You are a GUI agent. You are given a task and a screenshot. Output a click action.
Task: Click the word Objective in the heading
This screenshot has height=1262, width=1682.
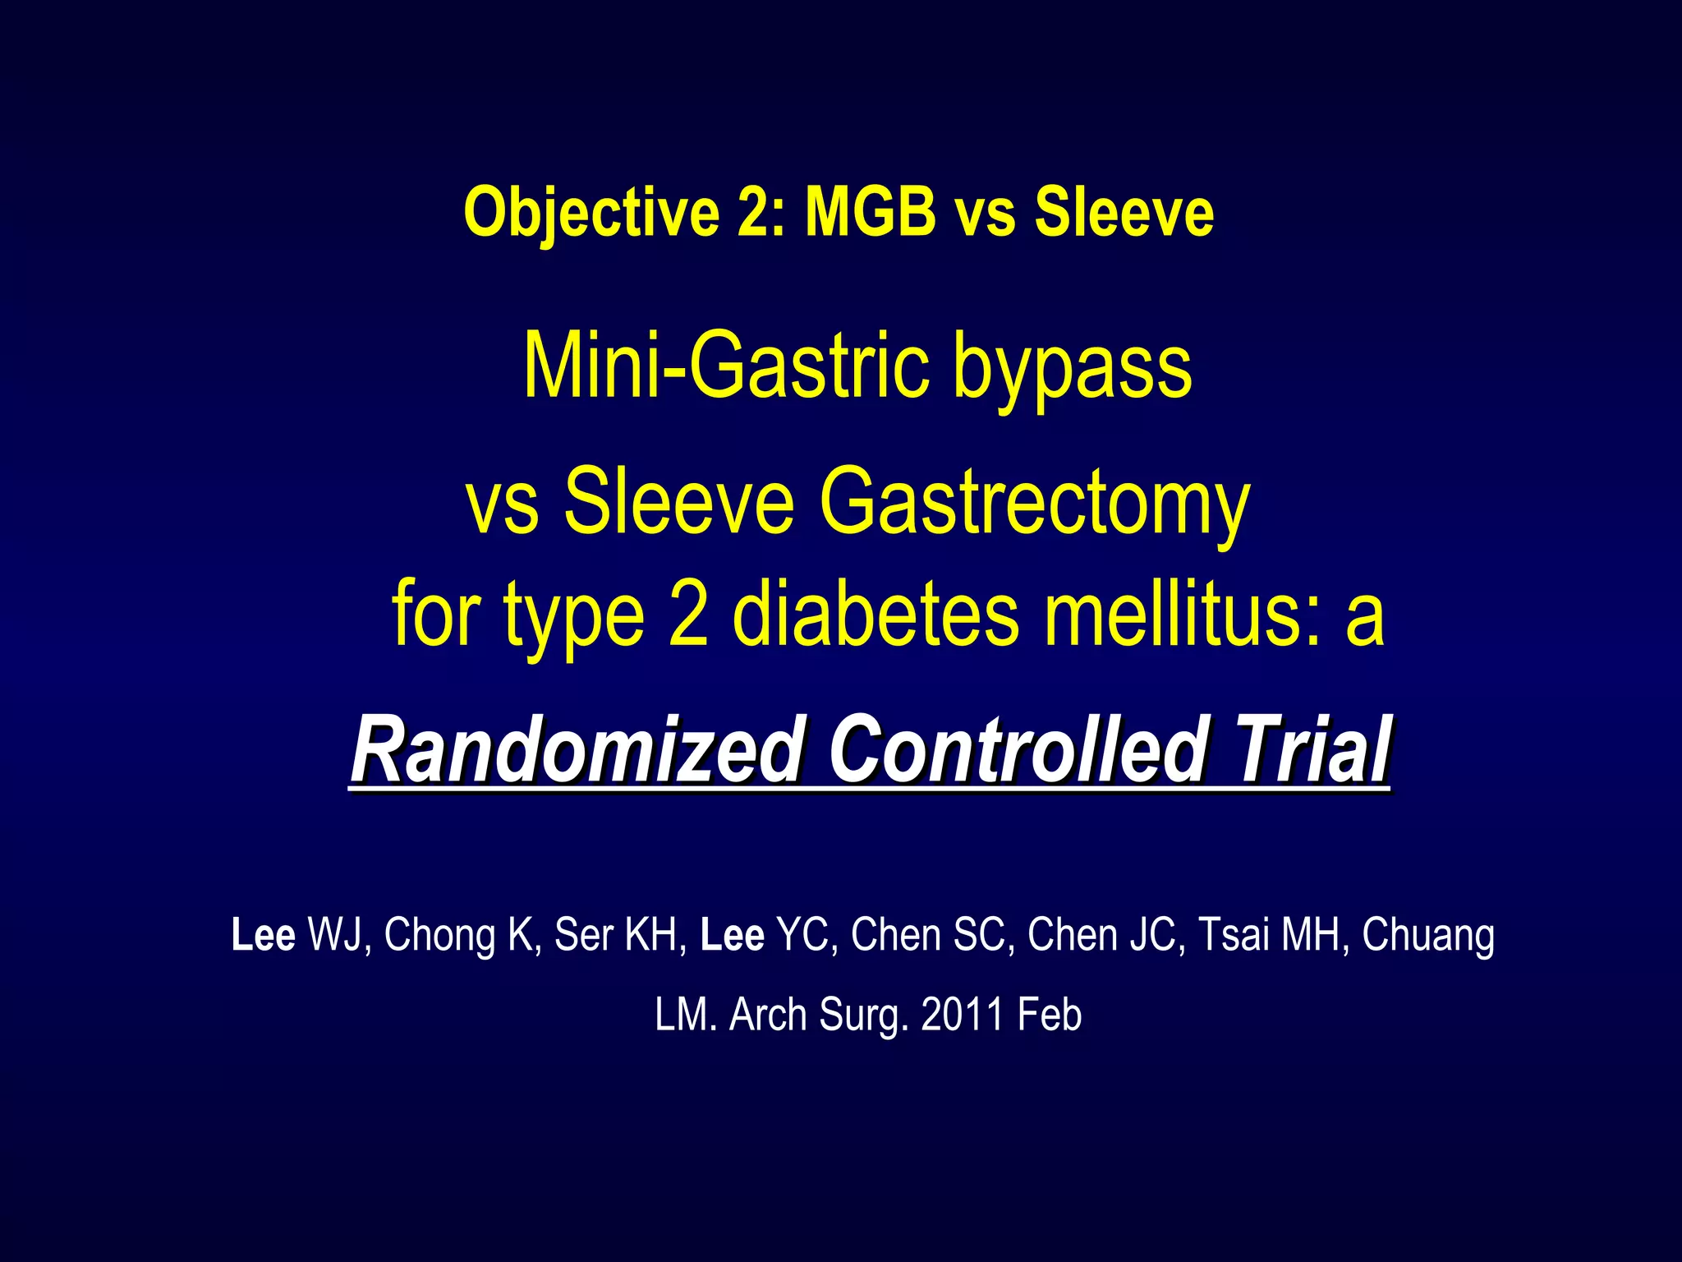point(592,213)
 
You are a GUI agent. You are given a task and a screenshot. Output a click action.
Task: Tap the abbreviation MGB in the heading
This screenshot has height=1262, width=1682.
point(871,212)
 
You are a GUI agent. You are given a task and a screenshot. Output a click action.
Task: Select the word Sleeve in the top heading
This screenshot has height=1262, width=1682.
point(1124,212)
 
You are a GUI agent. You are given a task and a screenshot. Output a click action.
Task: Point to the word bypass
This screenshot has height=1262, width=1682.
point(1073,368)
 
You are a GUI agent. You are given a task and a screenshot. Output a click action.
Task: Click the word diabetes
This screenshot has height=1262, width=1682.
point(875,615)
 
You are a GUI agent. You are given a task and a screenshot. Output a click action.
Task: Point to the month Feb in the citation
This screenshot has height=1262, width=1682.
point(1050,1015)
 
